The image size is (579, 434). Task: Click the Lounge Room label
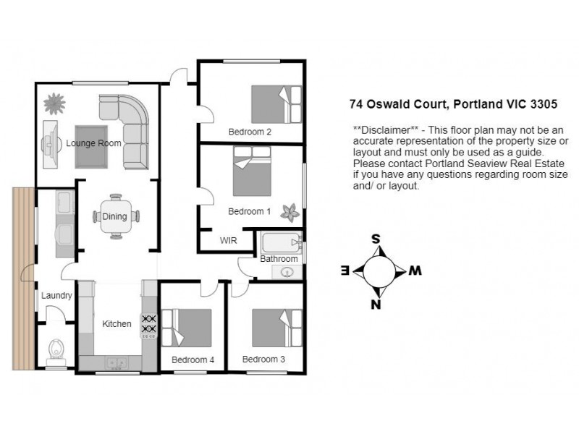93,143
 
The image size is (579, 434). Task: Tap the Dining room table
115,216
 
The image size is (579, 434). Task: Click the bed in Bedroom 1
251,171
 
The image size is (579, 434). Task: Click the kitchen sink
115,363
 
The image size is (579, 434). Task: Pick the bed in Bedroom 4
185,328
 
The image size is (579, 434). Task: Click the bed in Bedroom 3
276,328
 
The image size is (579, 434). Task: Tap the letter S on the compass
376,238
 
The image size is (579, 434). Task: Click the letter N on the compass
376,304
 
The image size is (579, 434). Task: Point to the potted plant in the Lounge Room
54,104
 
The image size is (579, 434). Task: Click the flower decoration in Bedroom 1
291,212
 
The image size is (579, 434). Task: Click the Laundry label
56,295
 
